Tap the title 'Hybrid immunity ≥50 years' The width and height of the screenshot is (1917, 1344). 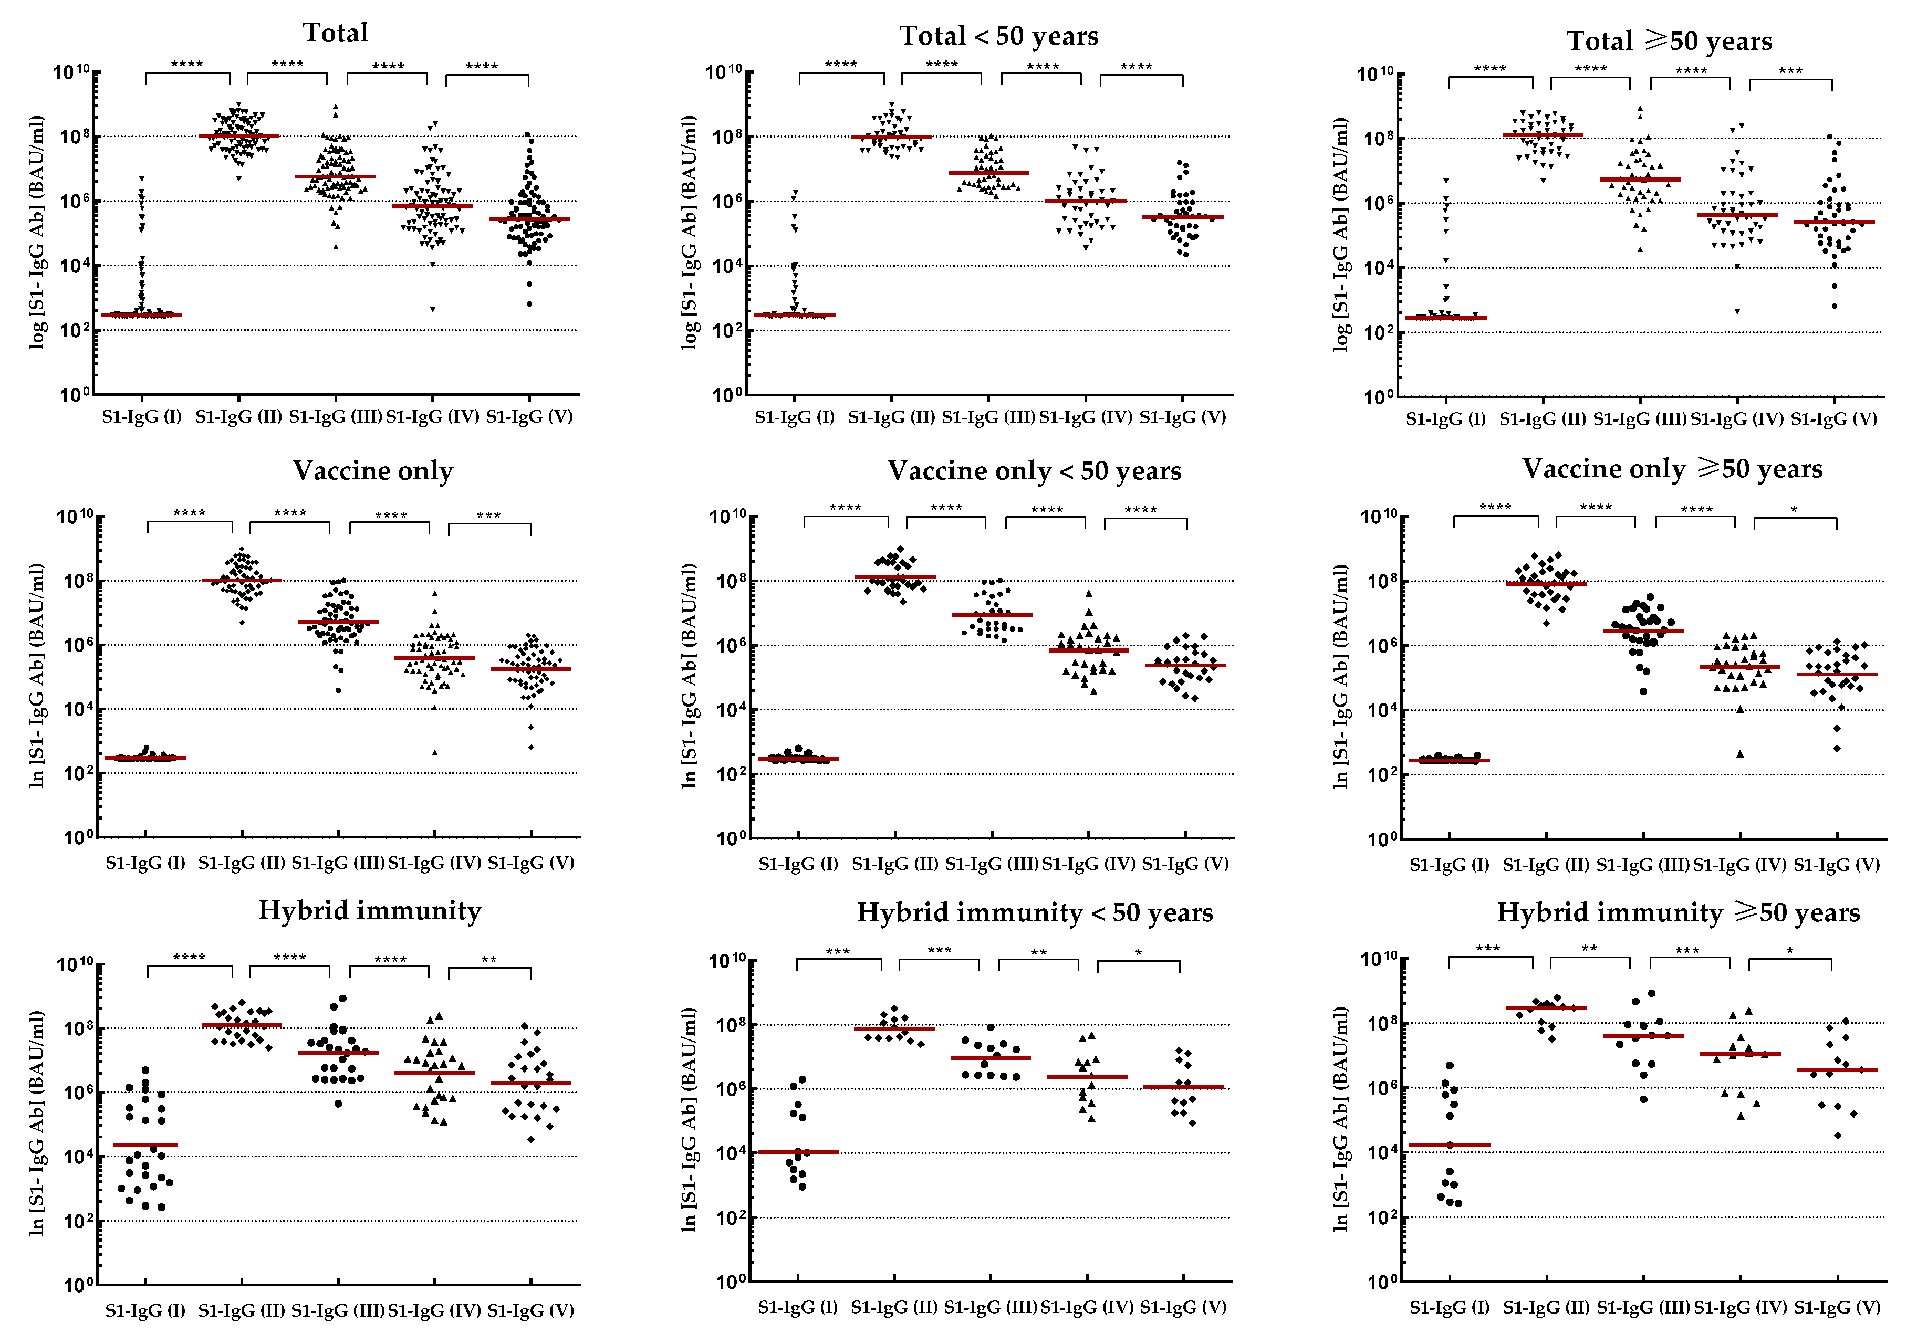tap(1678, 912)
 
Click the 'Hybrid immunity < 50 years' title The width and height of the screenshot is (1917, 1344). tap(1035, 912)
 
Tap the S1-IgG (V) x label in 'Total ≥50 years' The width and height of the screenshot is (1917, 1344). tap(1835, 419)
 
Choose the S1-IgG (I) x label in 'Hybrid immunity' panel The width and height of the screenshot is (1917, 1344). tap(145, 1310)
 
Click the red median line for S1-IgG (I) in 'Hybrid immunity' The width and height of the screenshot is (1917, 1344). tap(145, 1146)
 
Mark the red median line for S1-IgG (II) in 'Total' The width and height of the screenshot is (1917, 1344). tap(239, 135)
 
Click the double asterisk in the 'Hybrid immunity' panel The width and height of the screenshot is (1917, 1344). tap(489, 960)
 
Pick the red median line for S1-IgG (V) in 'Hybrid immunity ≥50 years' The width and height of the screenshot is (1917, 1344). tap(1838, 1069)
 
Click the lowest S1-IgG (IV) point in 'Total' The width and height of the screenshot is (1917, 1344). tap(432, 309)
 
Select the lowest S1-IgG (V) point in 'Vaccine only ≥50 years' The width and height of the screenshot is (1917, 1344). tap(1837, 749)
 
